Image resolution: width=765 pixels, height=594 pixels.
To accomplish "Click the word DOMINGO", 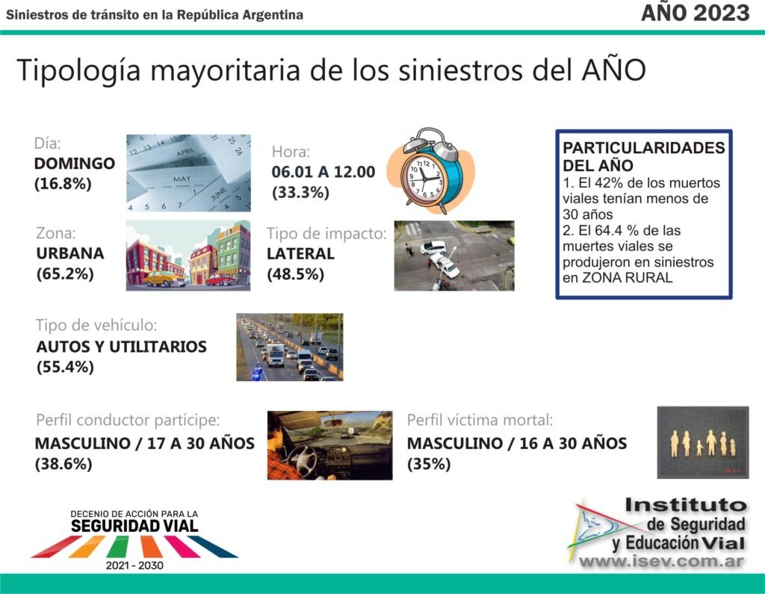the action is (x=75, y=164).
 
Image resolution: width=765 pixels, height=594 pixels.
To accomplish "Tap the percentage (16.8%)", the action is (x=63, y=184).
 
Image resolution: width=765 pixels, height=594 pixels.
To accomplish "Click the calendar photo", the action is (x=188, y=173).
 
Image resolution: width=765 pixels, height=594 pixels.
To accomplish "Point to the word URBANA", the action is (x=70, y=253).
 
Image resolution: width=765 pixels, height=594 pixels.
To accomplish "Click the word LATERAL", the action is (x=300, y=254).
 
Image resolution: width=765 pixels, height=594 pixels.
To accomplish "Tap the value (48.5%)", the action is (x=296, y=274).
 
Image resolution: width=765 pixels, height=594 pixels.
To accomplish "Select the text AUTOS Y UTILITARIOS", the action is (x=122, y=347).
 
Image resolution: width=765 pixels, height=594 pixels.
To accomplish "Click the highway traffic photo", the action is (x=290, y=347).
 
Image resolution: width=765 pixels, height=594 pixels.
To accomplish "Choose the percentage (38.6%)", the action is (x=64, y=464).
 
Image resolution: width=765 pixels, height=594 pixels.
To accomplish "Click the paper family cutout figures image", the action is (x=703, y=442).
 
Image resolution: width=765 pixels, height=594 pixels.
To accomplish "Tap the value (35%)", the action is (x=429, y=464).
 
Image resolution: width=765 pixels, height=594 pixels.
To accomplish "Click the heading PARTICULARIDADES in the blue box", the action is (x=643, y=148).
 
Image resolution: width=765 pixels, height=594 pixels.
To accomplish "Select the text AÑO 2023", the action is (x=696, y=13).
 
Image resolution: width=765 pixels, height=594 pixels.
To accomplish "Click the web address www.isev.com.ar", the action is (x=661, y=562).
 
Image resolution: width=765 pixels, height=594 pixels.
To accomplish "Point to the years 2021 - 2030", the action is (x=134, y=566).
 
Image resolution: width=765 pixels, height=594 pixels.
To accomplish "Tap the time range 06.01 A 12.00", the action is (x=323, y=172).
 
